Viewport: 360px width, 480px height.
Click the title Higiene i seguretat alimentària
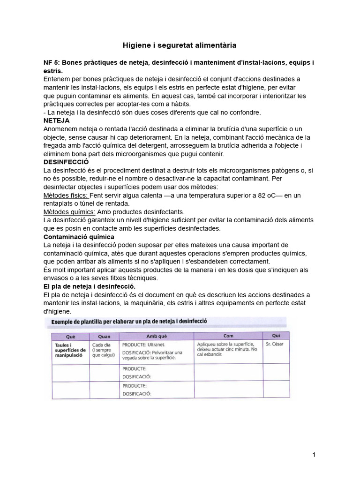(x=180, y=45)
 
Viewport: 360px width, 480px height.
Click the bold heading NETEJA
(x=56, y=120)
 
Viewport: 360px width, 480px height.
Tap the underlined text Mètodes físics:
(x=65, y=195)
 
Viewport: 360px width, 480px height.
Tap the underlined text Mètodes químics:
(x=68, y=212)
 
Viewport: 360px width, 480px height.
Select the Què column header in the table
(x=71, y=336)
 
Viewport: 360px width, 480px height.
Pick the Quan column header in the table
(x=104, y=336)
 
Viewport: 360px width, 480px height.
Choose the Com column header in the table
(x=228, y=336)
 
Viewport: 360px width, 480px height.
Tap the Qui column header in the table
(x=276, y=335)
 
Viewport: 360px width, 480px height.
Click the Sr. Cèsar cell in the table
(x=274, y=344)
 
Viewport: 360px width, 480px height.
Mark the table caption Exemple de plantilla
(x=129, y=322)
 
